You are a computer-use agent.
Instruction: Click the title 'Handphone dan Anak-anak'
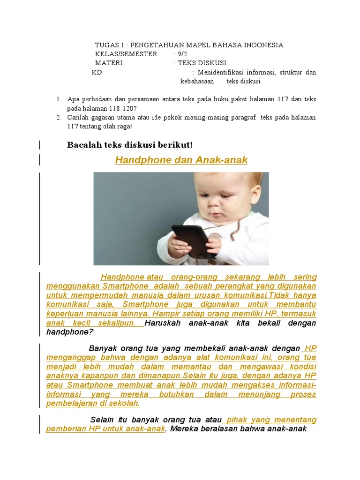[x=181, y=160]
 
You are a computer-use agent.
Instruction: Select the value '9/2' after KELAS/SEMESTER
[x=182, y=54]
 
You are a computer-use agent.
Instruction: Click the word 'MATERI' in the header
[x=109, y=63]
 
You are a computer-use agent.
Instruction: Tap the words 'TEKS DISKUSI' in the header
[x=202, y=63]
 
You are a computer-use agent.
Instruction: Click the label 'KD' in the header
[x=97, y=73]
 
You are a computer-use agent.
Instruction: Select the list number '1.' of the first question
[x=59, y=99]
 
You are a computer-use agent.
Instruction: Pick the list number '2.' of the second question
[x=59, y=117]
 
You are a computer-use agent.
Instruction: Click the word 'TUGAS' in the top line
[x=106, y=45]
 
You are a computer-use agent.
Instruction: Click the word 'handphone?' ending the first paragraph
[x=70, y=332]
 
